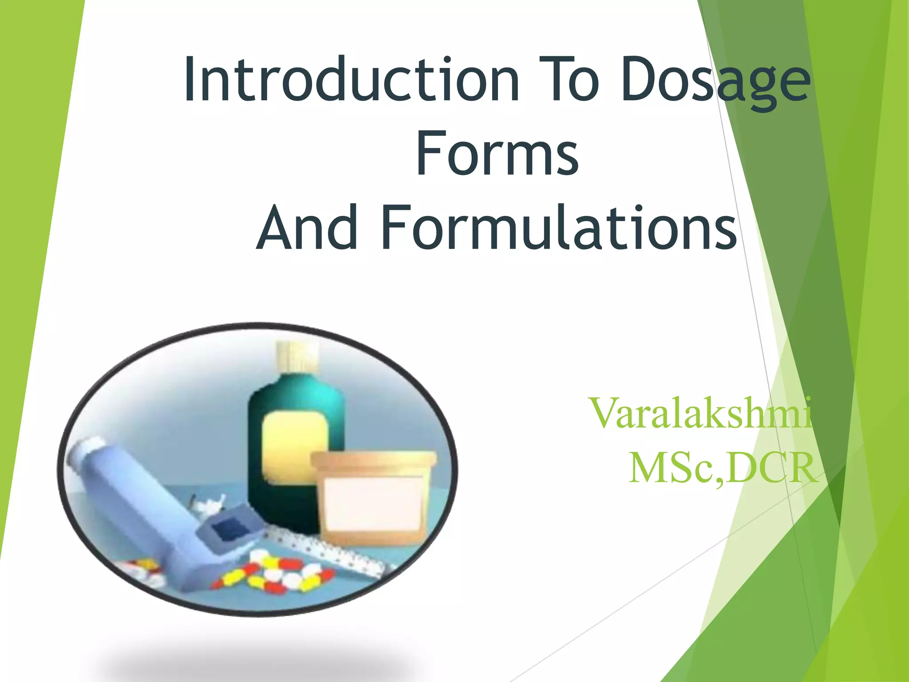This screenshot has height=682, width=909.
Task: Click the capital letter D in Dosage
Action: point(639,80)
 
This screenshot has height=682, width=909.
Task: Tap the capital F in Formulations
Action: point(395,228)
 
